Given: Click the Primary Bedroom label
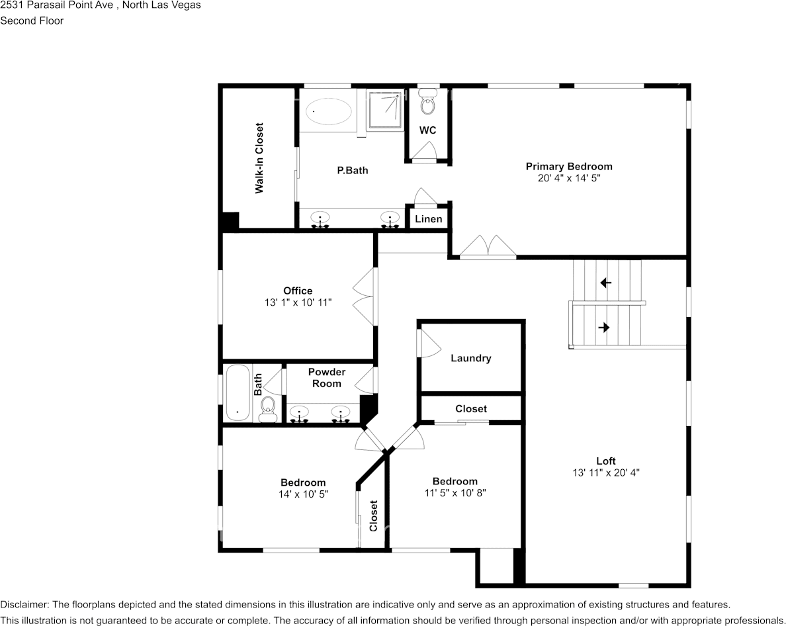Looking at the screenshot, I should point(569,166).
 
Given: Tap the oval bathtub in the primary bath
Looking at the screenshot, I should point(329,111).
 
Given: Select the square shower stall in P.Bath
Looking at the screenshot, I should point(384,111).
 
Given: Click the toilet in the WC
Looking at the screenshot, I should point(427,104).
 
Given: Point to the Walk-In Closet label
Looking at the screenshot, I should point(259,158).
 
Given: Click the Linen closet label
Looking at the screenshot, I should point(429,219).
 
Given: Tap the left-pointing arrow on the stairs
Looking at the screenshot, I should point(605,283).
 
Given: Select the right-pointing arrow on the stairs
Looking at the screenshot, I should point(604,327).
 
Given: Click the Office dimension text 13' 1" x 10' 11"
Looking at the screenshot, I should point(297,302).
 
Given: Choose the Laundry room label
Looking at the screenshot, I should point(470,358).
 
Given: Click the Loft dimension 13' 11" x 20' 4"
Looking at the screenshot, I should point(606,472).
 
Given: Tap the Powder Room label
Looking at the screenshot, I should point(327,378).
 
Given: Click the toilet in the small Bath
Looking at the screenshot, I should point(268,408).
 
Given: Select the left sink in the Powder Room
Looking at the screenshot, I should point(300,414).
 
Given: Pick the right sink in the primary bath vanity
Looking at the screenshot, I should point(390,219).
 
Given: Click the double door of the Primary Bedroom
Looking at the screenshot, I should point(488,246).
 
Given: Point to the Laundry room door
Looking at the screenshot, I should point(427,344).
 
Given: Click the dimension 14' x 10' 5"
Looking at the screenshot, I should point(303,494).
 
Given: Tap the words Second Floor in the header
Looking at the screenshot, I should point(32,21).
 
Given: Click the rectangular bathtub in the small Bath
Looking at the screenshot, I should point(238,394).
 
